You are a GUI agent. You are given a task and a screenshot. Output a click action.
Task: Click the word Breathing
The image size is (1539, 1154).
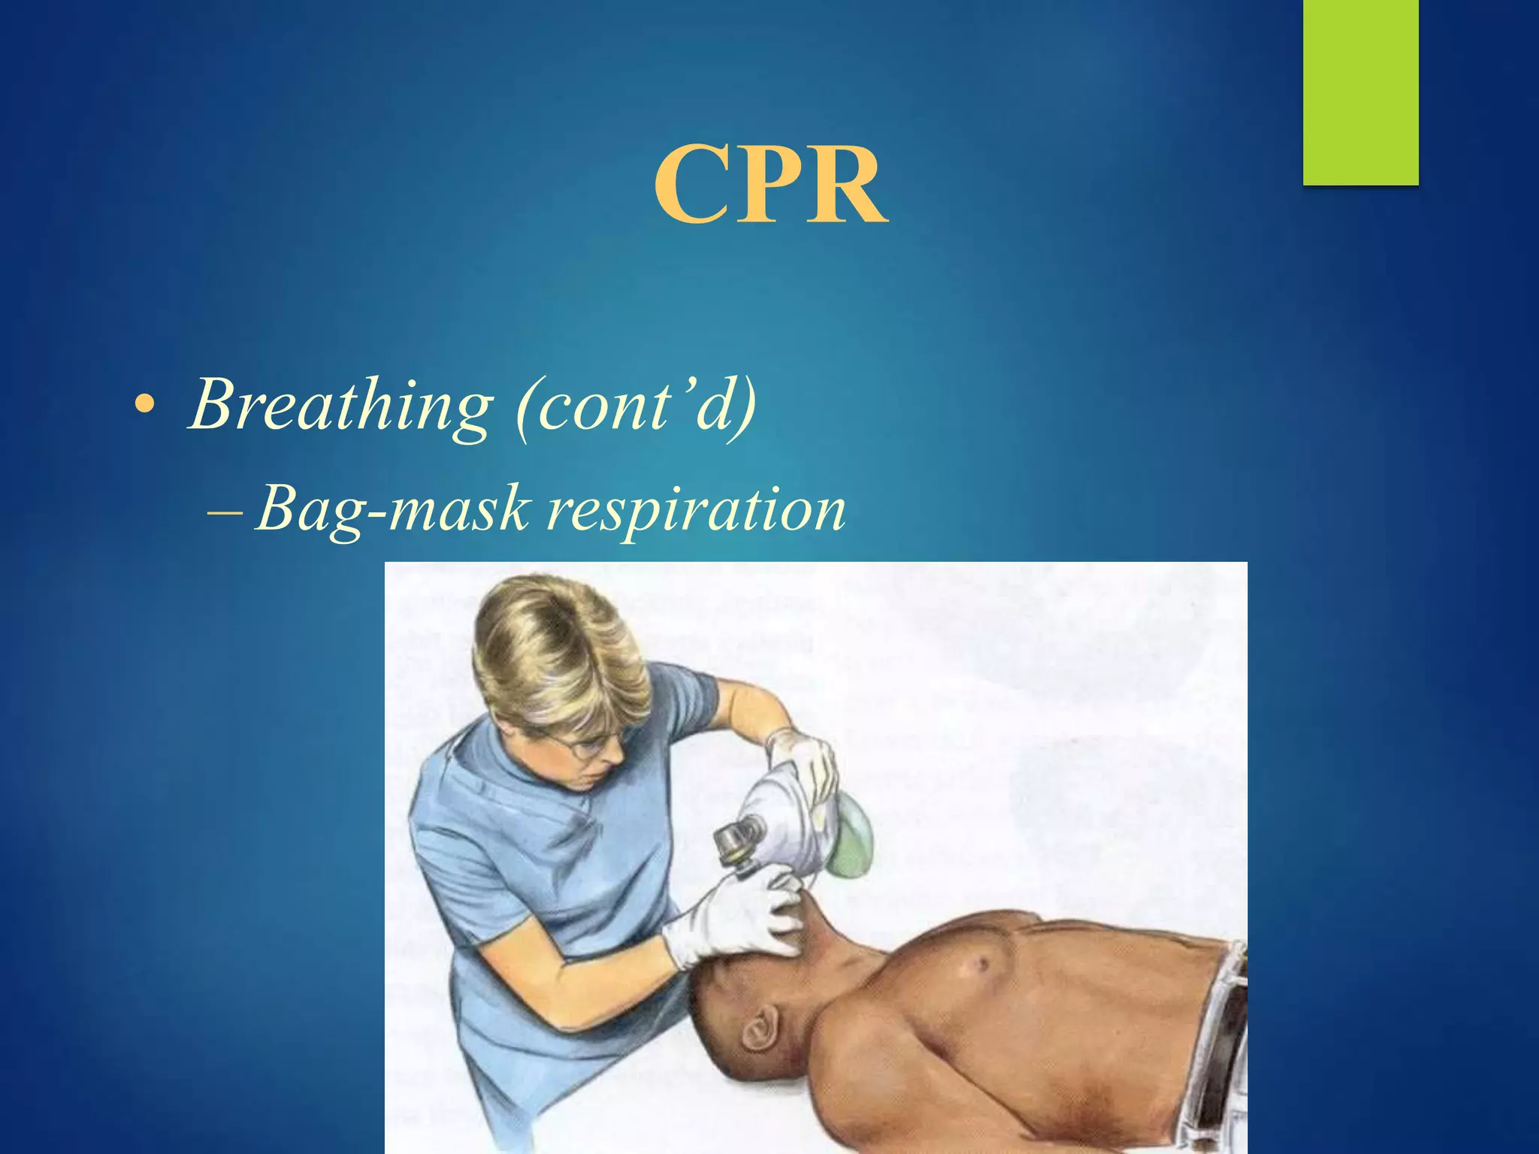pos(342,406)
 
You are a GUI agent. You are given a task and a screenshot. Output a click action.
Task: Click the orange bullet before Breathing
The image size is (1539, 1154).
pos(143,406)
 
